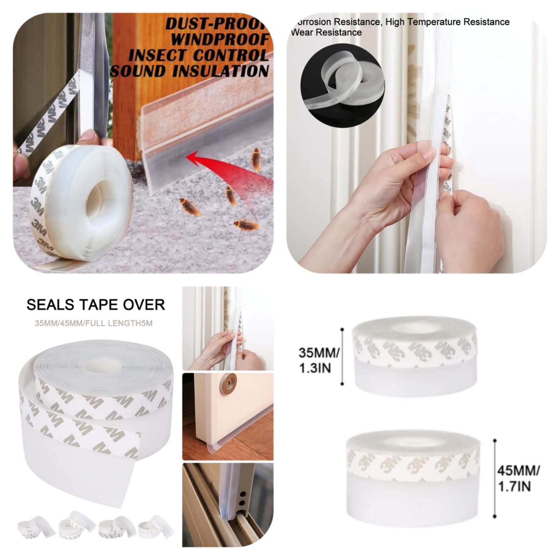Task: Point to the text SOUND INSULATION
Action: (x=190, y=71)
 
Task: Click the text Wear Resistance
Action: (x=326, y=33)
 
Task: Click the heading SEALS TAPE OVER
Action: (x=96, y=305)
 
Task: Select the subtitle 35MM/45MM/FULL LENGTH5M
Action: (x=94, y=323)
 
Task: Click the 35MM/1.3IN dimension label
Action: (x=318, y=360)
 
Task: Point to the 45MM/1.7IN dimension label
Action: (x=518, y=478)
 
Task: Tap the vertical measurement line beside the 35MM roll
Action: (x=342, y=357)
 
